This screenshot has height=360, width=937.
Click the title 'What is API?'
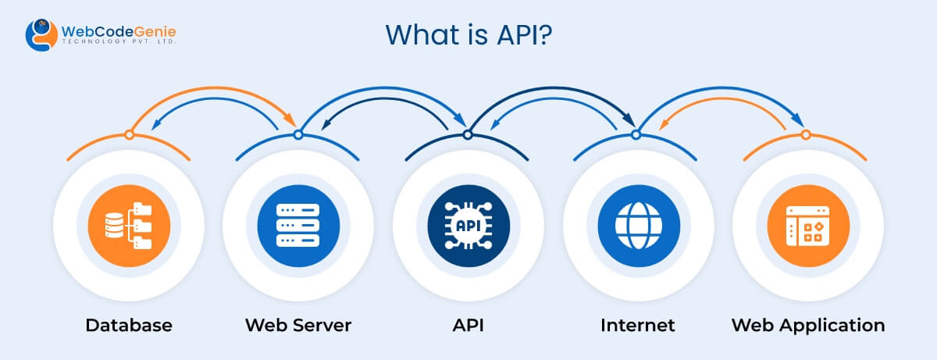[469, 35]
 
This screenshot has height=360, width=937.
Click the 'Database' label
[129, 325]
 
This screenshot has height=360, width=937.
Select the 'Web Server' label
[298, 325]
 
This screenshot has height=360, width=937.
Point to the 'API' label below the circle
[468, 325]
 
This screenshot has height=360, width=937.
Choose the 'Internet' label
[637, 325]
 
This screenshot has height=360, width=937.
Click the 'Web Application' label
[808, 325]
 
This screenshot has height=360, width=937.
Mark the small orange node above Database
[129, 135]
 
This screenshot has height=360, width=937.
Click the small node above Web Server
[298, 135]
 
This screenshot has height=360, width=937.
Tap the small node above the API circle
[468, 135]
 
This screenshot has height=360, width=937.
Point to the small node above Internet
[636, 135]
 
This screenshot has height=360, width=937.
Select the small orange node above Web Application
[806, 135]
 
